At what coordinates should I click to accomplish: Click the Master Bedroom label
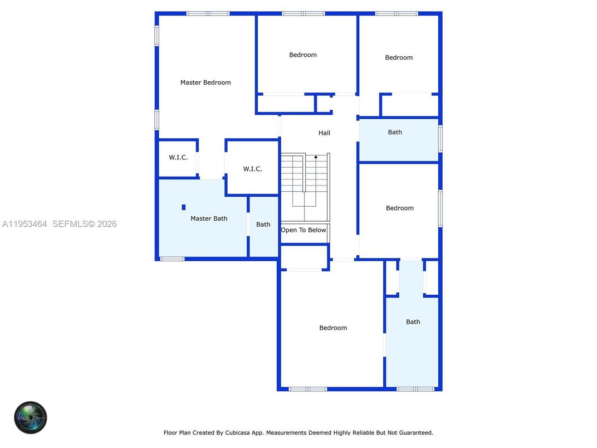pos(205,82)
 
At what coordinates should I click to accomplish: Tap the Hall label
pos(324,133)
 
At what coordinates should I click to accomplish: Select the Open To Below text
pos(304,230)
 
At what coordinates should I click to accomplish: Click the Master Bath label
pos(209,218)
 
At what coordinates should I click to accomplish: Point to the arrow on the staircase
pos(316,157)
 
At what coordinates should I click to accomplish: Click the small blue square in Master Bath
pos(183,207)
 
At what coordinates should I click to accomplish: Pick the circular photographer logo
pos(31,417)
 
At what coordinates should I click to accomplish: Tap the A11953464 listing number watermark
pos(25,224)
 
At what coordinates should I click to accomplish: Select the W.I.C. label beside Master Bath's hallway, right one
pos(252,169)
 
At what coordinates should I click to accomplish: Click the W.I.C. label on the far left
pos(178,157)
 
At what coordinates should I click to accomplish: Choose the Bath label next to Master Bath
pos(263,225)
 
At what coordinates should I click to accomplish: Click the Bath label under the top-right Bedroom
pos(395,132)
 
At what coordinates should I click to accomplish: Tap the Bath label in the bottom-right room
pos(413,322)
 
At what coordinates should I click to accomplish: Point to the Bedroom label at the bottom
pos(333,328)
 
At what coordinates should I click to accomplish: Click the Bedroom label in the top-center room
pos(303,55)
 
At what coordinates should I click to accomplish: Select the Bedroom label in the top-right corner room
pos(399,57)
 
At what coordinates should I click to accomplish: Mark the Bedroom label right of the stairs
pos(400,208)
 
